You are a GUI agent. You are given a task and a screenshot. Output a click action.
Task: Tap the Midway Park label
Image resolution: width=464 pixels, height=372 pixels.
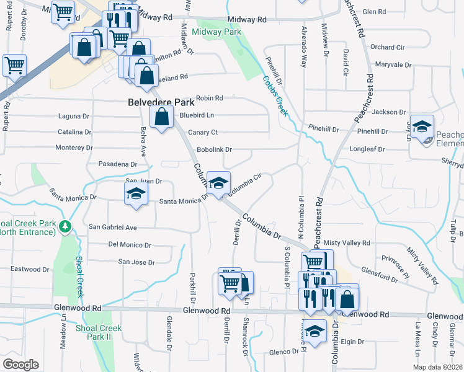[x=216, y=31]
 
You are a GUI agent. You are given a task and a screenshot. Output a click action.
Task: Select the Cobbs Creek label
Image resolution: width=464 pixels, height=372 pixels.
[x=274, y=95]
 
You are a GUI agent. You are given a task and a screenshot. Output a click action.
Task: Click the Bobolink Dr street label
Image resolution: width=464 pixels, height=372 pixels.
[x=214, y=149]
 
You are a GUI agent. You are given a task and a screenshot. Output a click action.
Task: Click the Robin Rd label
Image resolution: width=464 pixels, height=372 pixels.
[x=209, y=98]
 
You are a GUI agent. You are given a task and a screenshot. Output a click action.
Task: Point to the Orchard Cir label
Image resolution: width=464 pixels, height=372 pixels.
[x=387, y=47]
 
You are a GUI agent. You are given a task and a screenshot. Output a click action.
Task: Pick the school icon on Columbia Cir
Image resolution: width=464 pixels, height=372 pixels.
[x=218, y=184]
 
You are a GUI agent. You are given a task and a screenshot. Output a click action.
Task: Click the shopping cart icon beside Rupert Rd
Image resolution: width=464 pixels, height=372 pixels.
[x=14, y=64]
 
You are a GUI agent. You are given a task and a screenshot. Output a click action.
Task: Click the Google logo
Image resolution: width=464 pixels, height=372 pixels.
[x=20, y=365]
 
